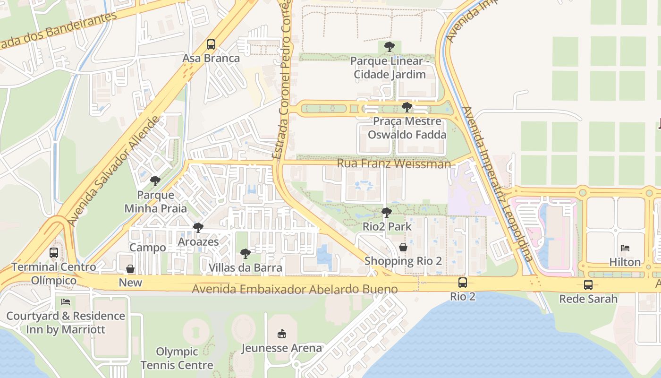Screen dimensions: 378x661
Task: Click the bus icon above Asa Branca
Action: click(x=211, y=44)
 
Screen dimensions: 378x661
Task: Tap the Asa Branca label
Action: click(x=211, y=59)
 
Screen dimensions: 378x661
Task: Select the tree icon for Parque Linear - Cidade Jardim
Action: click(x=390, y=47)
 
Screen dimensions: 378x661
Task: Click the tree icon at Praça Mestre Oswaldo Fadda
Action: click(x=407, y=107)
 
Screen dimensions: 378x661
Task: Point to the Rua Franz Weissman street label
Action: click(x=394, y=164)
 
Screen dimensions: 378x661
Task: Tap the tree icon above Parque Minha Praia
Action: click(x=155, y=180)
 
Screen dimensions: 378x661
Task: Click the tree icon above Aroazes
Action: click(x=198, y=228)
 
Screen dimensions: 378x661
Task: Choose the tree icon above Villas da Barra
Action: click(x=245, y=254)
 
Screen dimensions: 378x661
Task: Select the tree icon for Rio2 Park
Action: click(x=387, y=213)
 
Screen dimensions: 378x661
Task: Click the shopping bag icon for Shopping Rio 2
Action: click(x=403, y=247)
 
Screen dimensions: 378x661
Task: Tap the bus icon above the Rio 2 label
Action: click(x=463, y=283)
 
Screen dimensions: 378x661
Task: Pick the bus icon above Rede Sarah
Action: click(x=588, y=285)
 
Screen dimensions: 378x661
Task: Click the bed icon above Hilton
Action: click(x=625, y=248)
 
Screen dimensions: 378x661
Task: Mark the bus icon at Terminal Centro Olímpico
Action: click(x=54, y=253)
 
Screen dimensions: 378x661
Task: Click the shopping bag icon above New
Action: click(x=130, y=269)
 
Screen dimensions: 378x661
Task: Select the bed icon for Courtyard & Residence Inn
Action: click(x=66, y=301)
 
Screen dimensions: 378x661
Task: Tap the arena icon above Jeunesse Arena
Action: click(x=282, y=334)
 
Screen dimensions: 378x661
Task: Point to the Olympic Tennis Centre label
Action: click(x=177, y=358)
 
